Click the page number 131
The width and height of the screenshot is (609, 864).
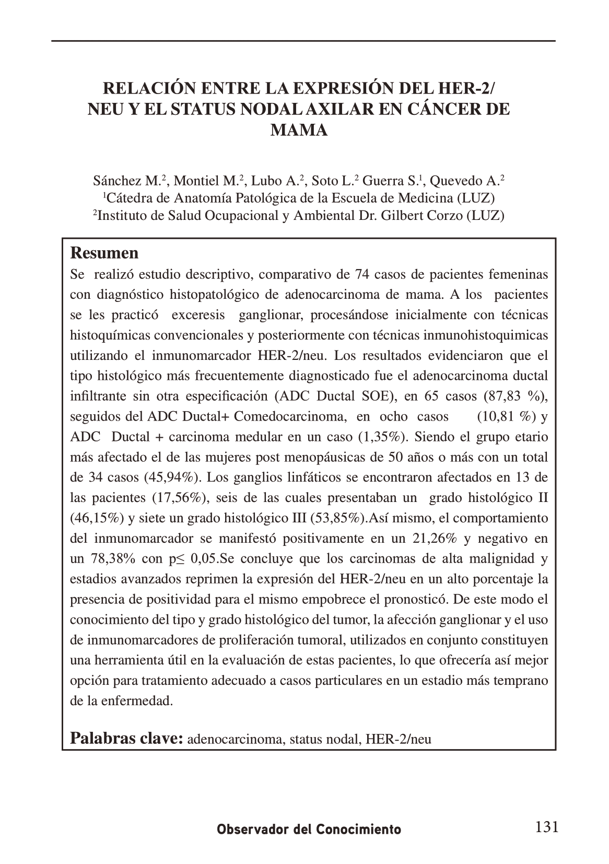tap(547, 827)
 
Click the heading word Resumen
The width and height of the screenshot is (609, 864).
tap(104, 253)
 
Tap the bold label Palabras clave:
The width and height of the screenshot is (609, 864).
tap(126, 739)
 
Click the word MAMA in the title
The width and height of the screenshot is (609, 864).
tap(299, 130)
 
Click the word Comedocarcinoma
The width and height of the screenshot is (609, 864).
tap(289, 416)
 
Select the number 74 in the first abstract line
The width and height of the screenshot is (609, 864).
tap(362, 274)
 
